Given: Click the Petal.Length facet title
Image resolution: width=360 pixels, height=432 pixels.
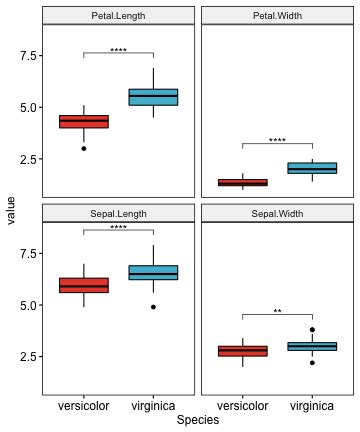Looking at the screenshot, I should [118, 15].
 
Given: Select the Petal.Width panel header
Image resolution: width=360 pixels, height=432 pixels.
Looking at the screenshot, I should [277, 15].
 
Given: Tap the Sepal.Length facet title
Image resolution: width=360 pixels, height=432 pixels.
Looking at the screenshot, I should [118, 213].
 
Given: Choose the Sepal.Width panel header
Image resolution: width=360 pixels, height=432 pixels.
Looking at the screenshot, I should [277, 213].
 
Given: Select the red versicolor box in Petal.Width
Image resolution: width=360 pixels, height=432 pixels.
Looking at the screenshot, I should [243, 183].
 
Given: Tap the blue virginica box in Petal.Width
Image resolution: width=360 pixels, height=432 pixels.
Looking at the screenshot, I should [312, 168].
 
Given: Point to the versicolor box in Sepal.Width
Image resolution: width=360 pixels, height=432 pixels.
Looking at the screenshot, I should [243, 351].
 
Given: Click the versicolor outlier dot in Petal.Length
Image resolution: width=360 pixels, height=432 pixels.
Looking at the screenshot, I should [84, 148].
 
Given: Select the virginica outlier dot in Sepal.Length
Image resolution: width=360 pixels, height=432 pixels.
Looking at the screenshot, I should [153, 307].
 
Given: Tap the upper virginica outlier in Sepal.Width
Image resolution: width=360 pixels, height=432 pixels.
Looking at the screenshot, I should [312, 329].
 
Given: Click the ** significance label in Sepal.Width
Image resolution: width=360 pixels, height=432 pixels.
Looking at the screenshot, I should [277, 311].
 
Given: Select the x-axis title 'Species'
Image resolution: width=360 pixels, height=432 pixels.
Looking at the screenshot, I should [197, 422].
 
